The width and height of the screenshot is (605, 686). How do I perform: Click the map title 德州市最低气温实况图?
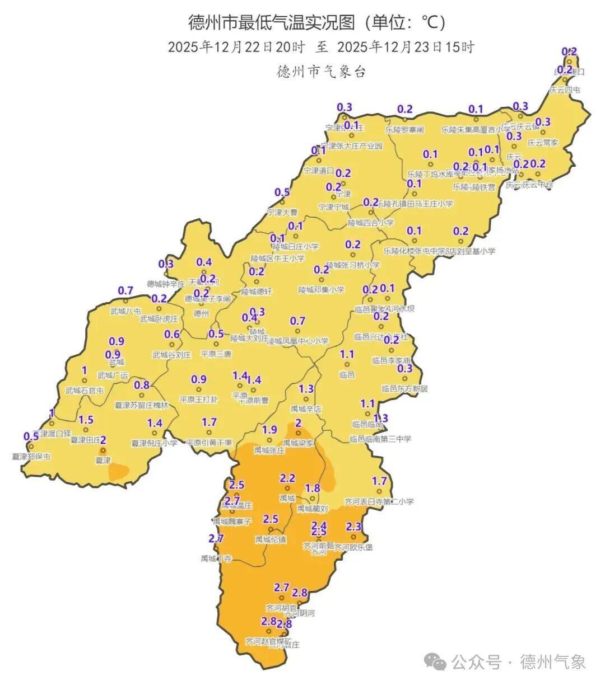(271, 24)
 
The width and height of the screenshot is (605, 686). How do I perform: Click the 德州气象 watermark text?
(553, 662)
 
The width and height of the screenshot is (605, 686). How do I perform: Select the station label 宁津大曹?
(282, 213)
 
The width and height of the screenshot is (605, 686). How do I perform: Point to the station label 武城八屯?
(125, 311)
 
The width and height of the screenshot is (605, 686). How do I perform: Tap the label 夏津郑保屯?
(31, 457)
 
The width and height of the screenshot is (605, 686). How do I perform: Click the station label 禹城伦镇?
(271, 539)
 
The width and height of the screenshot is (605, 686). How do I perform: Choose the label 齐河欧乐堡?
(353, 547)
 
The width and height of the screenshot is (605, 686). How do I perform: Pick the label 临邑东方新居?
(404, 388)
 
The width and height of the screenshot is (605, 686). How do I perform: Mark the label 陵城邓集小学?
(322, 290)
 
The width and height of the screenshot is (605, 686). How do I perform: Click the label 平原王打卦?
(198, 400)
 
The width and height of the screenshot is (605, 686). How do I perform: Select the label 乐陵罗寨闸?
(404, 129)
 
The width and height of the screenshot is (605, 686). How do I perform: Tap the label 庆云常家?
(543, 143)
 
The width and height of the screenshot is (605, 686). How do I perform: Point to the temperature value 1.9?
(269, 430)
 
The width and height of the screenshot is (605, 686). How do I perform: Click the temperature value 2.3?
(354, 526)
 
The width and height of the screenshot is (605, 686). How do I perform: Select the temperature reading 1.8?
(312, 488)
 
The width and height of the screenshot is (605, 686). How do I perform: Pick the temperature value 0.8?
(142, 385)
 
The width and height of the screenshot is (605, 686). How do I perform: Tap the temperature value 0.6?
(172, 335)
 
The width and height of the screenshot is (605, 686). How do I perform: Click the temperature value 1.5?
(86, 420)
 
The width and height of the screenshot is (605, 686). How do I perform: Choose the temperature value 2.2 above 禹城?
(287, 478)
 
